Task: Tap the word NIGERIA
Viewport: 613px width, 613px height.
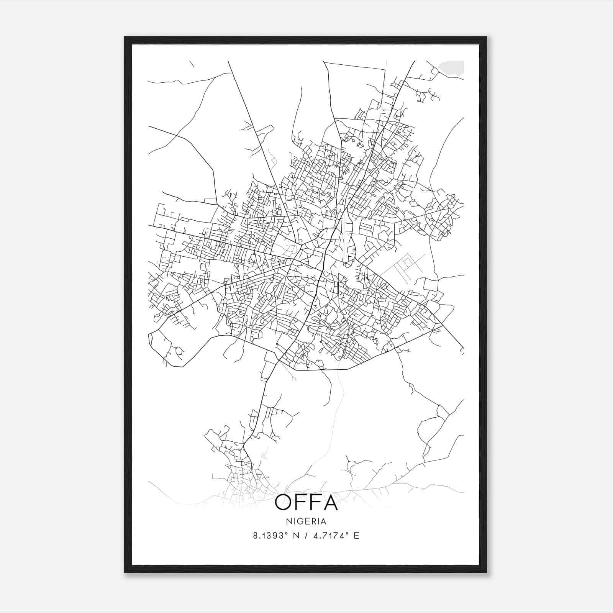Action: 306,521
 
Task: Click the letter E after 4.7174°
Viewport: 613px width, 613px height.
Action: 356,536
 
